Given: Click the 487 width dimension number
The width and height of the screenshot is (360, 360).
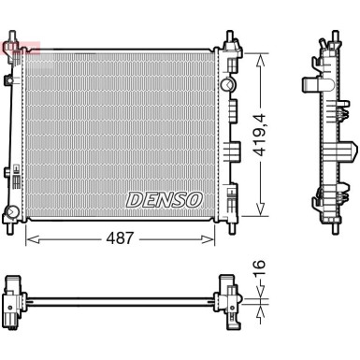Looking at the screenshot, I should (123, 238).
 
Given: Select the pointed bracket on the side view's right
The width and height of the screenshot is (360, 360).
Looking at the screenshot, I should (348, 147).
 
